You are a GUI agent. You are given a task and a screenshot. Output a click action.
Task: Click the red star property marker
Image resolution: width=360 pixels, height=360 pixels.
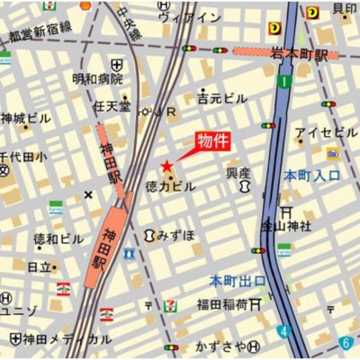point(166,166)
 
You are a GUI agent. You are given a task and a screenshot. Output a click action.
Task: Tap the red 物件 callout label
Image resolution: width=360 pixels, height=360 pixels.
point(215,142)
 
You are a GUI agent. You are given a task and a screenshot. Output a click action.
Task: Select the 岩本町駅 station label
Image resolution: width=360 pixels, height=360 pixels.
point(301,55)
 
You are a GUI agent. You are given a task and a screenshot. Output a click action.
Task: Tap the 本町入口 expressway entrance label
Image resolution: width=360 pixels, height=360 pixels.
point(311,175)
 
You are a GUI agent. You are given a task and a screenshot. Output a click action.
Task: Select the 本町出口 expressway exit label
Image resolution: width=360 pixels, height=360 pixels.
point(238,281)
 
